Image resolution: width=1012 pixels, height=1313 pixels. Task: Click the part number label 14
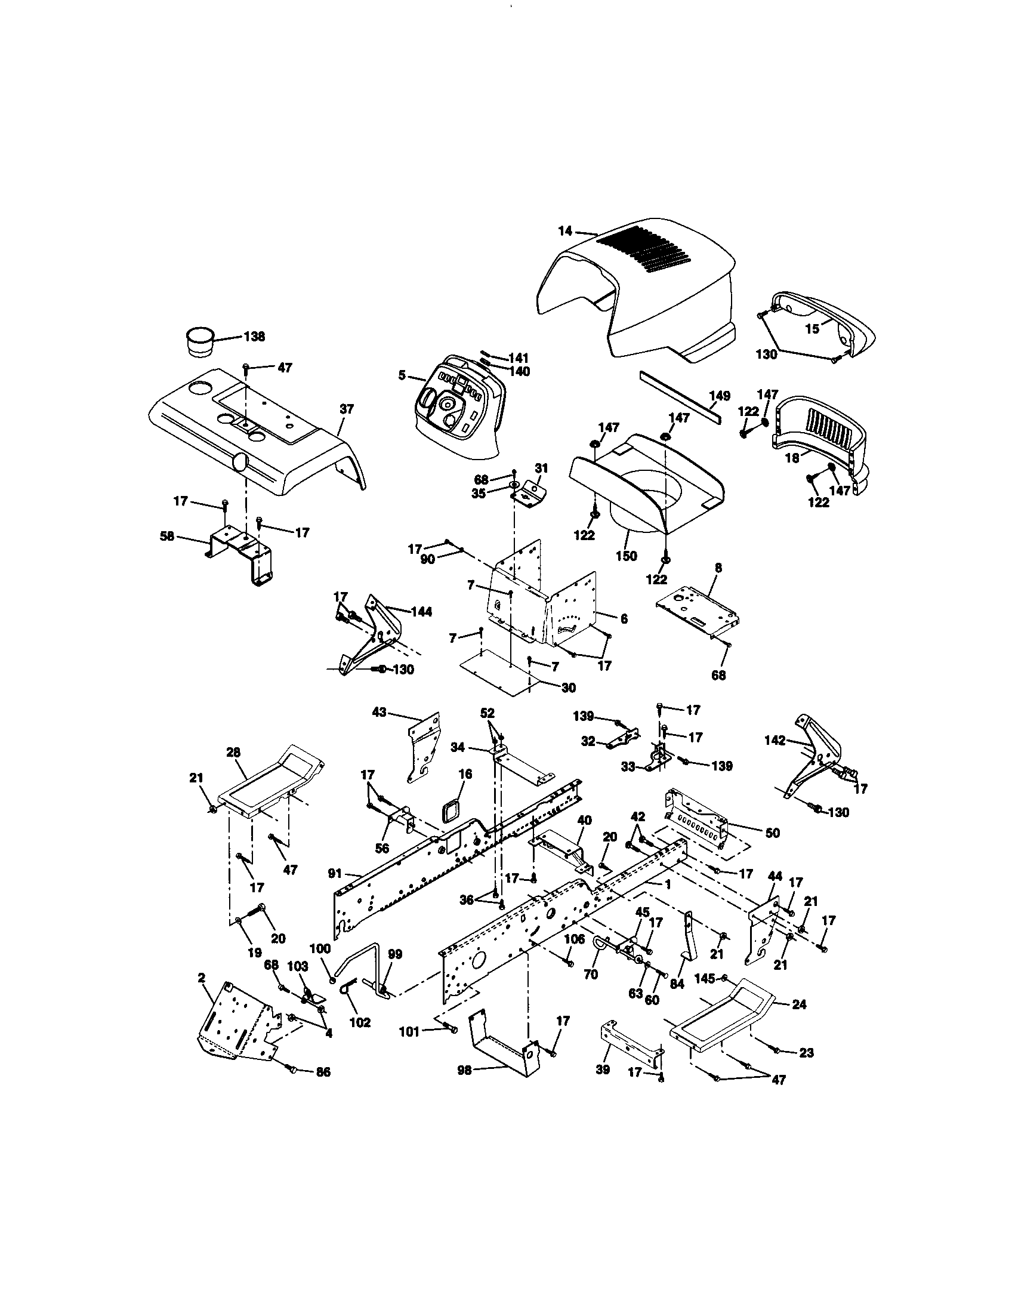tap(565, 230)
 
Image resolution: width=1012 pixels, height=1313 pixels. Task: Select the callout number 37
tap(347, 409)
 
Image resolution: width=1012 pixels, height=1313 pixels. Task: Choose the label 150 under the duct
tap(626, 556)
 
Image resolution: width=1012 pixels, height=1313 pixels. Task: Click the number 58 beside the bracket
tap(166, 536)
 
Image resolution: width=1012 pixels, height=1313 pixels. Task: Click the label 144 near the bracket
tap(421, 612)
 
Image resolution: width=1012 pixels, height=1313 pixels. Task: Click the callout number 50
tap(772, 833)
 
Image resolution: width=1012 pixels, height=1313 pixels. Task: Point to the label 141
tap(517, 358)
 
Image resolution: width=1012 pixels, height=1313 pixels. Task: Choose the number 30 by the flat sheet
tap(568, 688)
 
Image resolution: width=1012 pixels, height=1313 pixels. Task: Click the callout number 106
tap(574, 939)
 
